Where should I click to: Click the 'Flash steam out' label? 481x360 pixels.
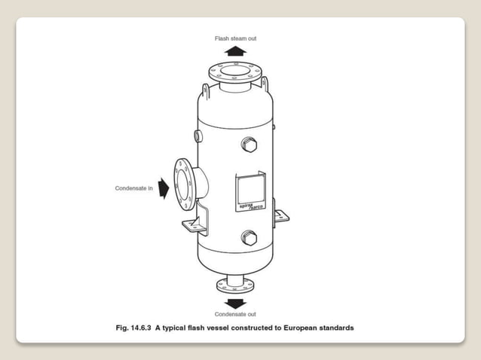[x=236, y=38]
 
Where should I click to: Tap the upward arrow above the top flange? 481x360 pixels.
[x=236, y=51]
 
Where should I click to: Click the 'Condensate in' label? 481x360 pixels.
[x=135, y=188]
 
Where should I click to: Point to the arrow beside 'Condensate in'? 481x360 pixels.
[x=164, y=188]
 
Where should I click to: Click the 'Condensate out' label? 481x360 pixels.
[x=235, y=313]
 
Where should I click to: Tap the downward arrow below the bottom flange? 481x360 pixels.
[x=236, y=302]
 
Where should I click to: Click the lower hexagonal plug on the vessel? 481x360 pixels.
[x=249, y=238]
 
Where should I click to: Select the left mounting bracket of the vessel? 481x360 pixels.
[x=191, y=224]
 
